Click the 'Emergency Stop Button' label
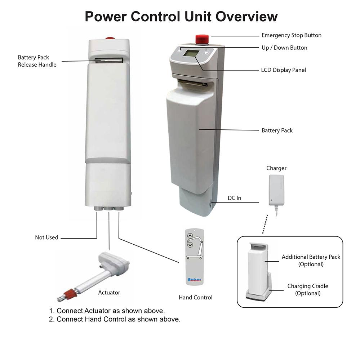tap(291, 35)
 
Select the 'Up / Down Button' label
tap(284, 48)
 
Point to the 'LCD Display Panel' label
tap(283, 70)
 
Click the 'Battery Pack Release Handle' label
tap(37, 61)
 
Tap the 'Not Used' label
tap(46, 237)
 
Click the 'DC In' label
tap(234, 198)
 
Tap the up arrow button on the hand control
tap(190, 236)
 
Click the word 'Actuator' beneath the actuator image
tap(109, 293)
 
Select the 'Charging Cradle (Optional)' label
tap(307, 289)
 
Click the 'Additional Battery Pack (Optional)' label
tap(311, 260)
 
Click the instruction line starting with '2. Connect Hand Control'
tap(115, 319)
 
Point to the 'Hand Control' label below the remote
tap(195, 297)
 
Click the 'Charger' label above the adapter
tap(276, 168)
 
